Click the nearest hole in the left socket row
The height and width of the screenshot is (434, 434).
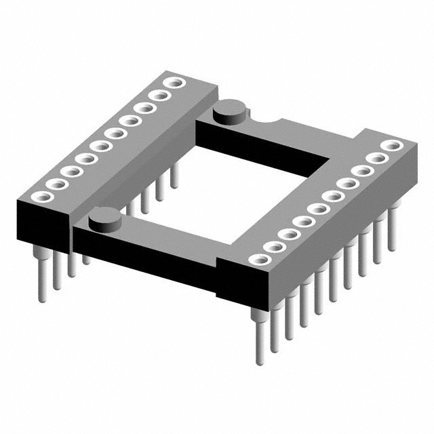(39, 197)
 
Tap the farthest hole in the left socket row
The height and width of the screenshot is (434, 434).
(175, 83)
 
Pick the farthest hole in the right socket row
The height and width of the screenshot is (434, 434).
(390, 145)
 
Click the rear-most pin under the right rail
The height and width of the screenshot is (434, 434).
(392, 231)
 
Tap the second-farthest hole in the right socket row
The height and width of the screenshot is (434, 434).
(376, 158)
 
